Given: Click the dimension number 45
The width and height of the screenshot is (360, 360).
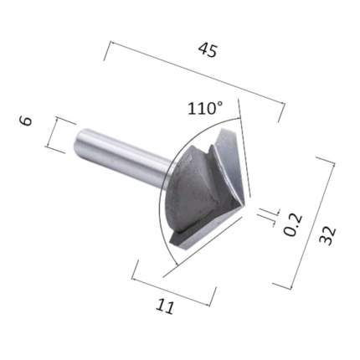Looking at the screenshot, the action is (208, 50).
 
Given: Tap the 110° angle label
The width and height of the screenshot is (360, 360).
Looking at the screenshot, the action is (205, 108).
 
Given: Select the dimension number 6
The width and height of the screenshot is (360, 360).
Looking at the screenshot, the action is (26, 121).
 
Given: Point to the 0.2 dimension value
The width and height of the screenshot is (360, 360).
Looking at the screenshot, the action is (293, 224).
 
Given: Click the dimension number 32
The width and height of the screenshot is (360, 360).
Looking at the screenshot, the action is (327, 236).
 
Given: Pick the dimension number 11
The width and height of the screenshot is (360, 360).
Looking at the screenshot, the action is (166, 306).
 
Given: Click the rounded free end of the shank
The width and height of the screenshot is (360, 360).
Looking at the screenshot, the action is (77, 141).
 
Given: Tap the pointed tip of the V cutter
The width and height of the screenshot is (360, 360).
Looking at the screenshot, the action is (243, 202).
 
